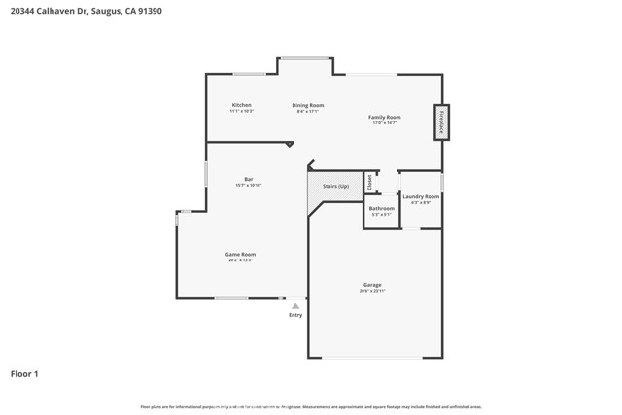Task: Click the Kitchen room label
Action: click(241, 105)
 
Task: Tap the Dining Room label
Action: click(308, 105)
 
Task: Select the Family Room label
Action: click(384, 117)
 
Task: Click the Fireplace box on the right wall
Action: click(441, 121)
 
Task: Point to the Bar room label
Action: click(249, 179)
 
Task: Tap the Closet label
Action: click(369, 182)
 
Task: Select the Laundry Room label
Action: click(421, 196)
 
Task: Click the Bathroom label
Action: click(381, 208)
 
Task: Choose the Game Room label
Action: click(241, 255)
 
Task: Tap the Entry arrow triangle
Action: click(295, 306)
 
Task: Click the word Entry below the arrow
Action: click(295, 315)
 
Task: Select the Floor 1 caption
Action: click(24, 373)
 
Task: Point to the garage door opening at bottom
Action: click(372, 358)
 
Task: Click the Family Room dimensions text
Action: click(384, 123)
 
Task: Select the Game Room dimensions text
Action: click(241, 261)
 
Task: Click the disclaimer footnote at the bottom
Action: click(311, 407)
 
